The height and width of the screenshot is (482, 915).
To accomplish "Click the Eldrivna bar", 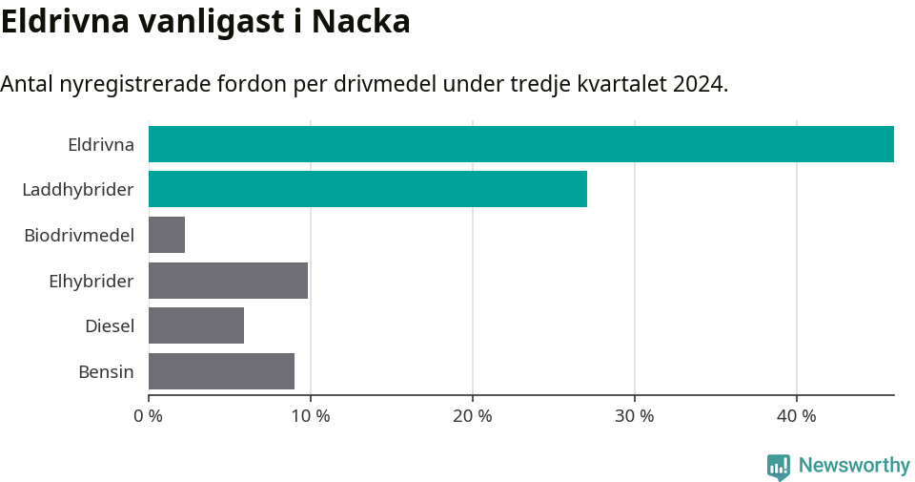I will point(521,144).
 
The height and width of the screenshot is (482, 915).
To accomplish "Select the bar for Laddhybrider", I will point(368,189).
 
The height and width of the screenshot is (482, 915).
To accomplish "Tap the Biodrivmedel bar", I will point(167,235).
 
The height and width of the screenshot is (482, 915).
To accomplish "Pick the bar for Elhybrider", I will point(228,281).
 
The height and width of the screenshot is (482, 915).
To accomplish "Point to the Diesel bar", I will point(196,325).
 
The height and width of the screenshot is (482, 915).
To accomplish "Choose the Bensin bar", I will point(221,371).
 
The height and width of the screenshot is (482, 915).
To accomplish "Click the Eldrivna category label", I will point(101,145).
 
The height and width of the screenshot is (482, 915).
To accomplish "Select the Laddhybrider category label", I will point(78,190).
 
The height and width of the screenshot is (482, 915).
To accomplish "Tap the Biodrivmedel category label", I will point(79,236).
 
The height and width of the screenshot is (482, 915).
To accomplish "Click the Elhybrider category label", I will point(91,281).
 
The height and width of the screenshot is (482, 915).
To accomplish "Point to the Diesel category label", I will point(110,326).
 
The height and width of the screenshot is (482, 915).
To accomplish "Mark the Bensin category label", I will point(106,371).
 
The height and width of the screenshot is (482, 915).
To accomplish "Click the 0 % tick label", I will point(149,416).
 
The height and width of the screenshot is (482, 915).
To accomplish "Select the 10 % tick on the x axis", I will point(311,416).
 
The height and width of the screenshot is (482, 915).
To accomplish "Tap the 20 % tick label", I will point(473,416).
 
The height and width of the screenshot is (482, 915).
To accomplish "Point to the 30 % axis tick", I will point(635,416).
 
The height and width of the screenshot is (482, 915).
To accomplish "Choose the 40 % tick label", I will point(797,416).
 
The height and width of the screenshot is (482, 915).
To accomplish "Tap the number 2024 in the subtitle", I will point(698,84).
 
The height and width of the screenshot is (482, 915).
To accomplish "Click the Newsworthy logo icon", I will point(779,467).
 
